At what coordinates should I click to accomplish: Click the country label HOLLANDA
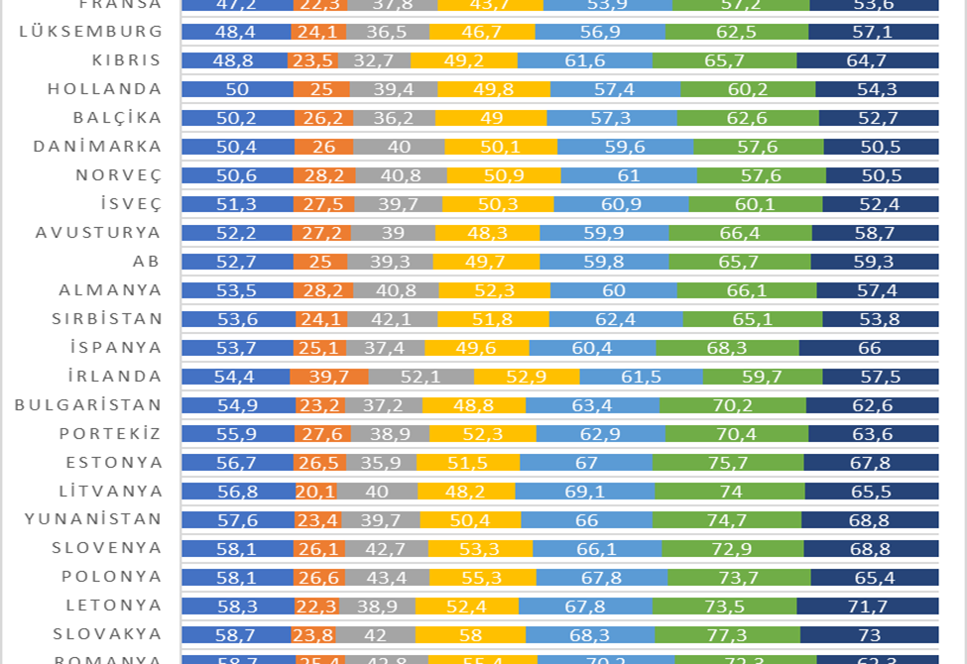coord(104,89)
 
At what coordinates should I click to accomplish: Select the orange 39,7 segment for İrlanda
coord(329,377)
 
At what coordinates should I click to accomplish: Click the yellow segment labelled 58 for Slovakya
coord(470,635)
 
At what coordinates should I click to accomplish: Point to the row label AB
coord(146,262)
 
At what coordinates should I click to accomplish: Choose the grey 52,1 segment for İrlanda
coord(421,377)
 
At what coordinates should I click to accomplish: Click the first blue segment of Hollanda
coord(237,89)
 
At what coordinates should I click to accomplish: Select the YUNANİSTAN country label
coord(93,519)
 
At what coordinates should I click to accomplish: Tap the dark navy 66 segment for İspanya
coord(869,348)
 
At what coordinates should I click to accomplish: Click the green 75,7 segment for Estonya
coord(728,463)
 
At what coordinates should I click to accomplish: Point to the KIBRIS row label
coord(126,60)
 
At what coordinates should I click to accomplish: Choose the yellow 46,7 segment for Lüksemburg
coord(482,32)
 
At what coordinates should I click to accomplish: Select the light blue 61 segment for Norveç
coord(629,175)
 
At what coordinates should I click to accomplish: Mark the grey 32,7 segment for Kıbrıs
coord(374,60)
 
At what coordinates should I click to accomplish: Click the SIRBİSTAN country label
coord(106,319)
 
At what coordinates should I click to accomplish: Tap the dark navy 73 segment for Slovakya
coord(870,635)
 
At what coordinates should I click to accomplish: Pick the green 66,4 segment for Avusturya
coord(740,233)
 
